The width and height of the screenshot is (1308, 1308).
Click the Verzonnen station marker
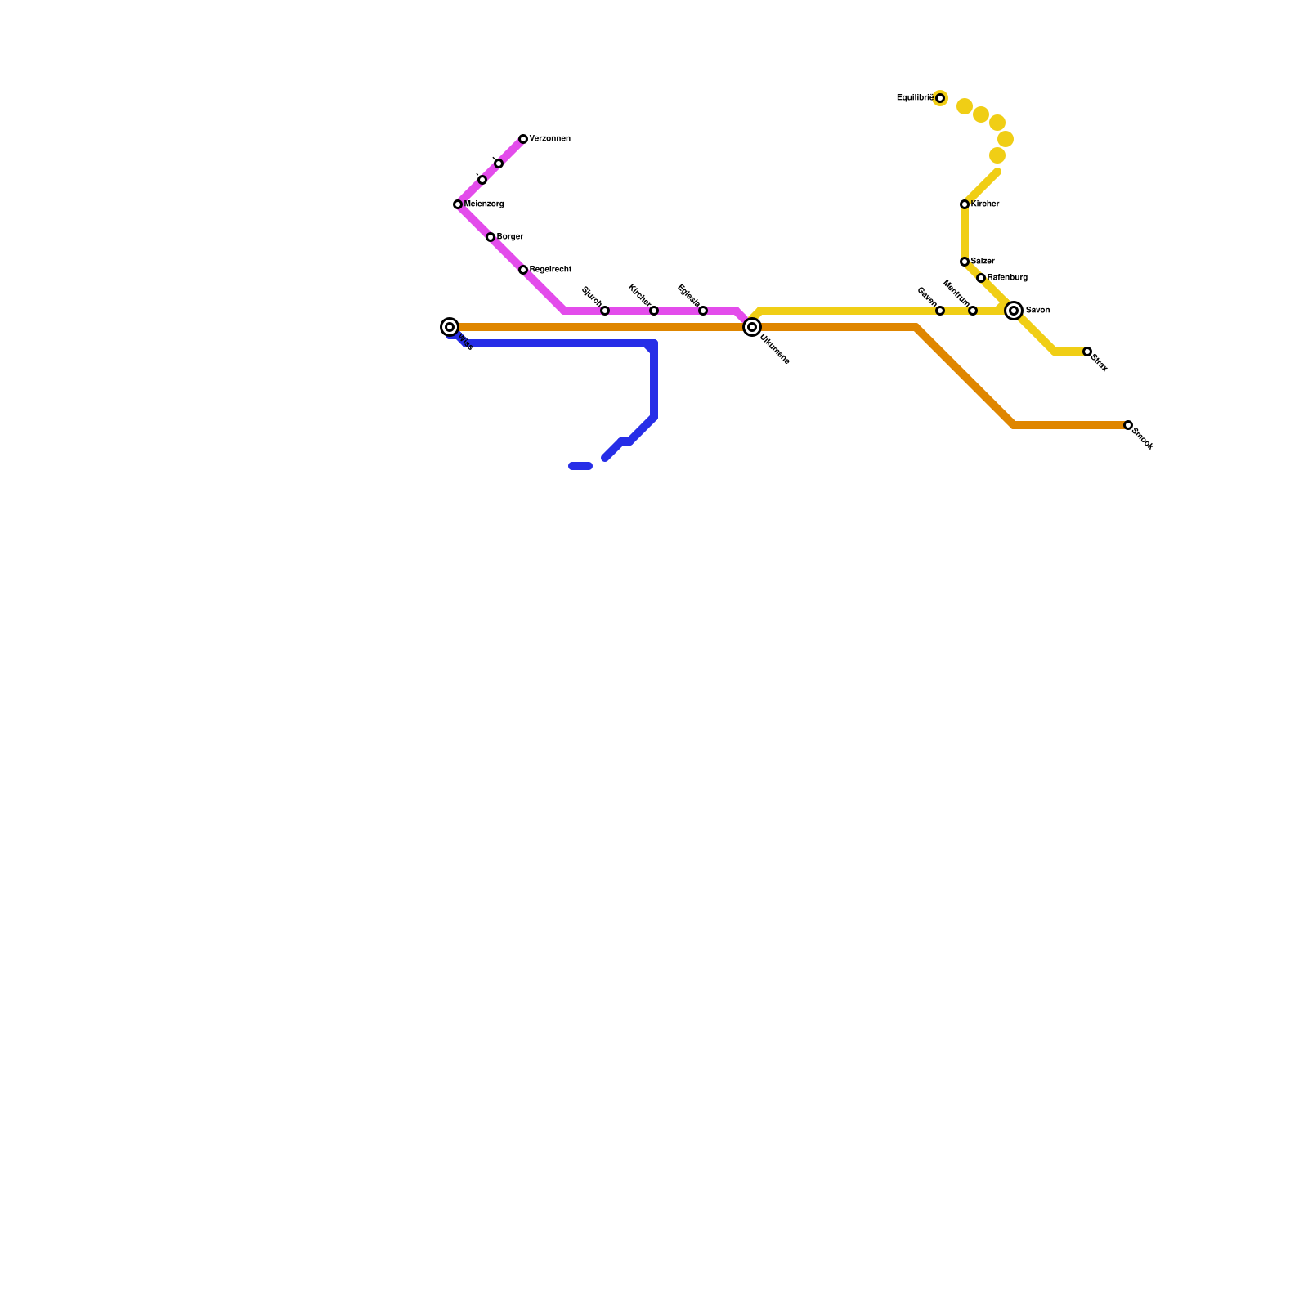click(x=523, y=139)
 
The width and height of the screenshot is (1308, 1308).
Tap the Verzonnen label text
click(x=549, y=139)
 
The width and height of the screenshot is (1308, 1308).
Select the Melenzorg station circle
click(x=458, y=204)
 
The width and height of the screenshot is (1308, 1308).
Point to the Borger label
click(x=510, y=237)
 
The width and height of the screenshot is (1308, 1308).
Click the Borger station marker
click(x=490, y=237)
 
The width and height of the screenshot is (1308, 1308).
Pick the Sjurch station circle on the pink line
click(x=605, y=311)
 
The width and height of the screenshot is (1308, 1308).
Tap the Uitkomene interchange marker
click(x=752, y=327)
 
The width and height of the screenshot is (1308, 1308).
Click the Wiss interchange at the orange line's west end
click(x=450, y=327)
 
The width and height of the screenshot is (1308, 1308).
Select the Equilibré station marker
click(x=940, y=98)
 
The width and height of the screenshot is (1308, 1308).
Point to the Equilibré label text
click(x=914, y=98)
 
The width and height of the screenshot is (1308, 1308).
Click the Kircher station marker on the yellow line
click(x=965, y=204)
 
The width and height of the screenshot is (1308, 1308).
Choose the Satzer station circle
click(x=965, y=262)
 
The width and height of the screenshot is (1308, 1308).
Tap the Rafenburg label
click(x=1007, y=278)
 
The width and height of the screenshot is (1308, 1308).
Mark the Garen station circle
click(x=940, y=311)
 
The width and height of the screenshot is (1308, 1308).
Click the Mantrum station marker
click(x=973, y=311)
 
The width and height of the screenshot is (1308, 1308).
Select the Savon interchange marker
click(x=1014, y=311)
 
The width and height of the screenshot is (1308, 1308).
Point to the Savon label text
click(x=1037, y=311)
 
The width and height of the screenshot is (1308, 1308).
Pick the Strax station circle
click(x=1087, y=352)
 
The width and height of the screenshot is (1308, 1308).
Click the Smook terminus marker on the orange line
click(x=1128, y=425)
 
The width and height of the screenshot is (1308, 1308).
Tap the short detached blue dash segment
click(x=580, y=466)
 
